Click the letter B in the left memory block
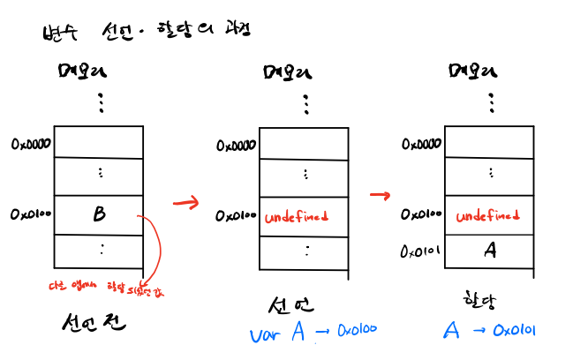pyautogui.click(x=99, y=214)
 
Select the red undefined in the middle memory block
pyautogui.click(x=297, y=216)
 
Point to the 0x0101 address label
pyautogui.click(x=421, y=251)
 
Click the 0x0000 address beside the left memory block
pyautogui.click(x=32, y=143)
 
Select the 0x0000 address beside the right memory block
pyautogui.click(x=421, y=143)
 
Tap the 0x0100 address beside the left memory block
pyautogui.click(x=32, y=214)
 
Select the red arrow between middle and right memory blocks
pyautogui.click(x=380, y=194)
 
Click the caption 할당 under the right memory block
pyautogui.click(x=480, y=300)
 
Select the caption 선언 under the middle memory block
pyautogui.click(x=290, y=304)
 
